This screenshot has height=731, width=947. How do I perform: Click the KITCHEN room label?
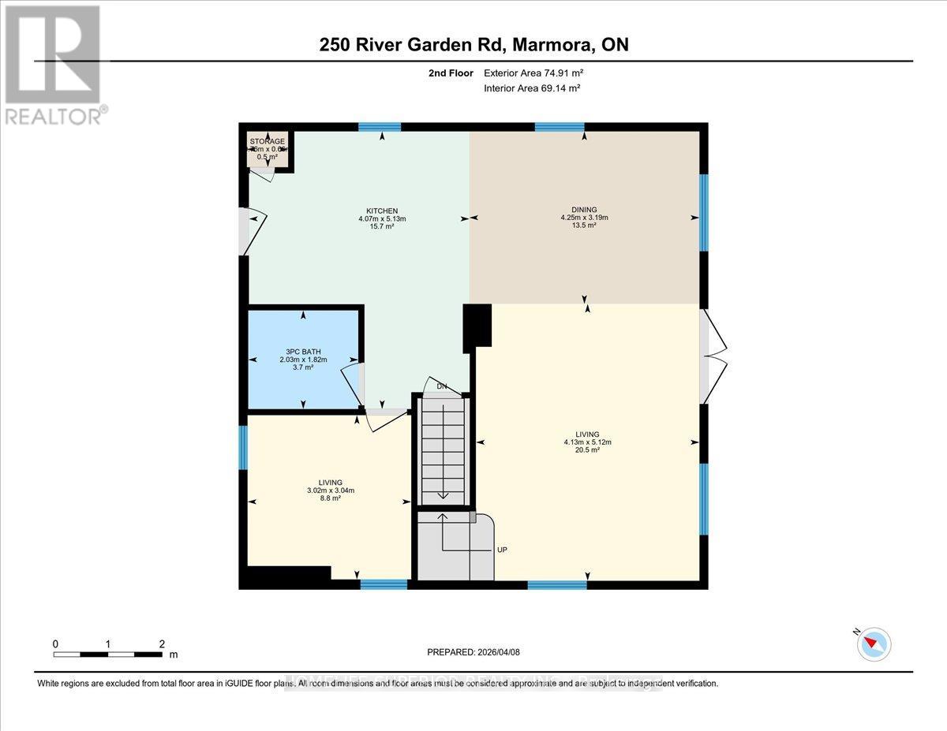pyautogui.click(x=382, y=211)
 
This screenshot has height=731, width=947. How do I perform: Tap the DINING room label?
pyautogui.click(x=584, y=209)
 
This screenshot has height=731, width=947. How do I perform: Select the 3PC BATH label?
pyautogui.click(x=303, y=352)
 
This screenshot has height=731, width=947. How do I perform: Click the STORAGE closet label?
pyautogui.click(x=268, y=141)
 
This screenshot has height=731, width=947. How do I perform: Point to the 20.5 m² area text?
pyautogui.click(x=587, y=450)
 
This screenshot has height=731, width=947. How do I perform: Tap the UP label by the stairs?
pyautogui.click(x=502, y=550)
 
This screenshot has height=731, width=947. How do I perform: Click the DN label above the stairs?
pyautogui.click(x=443, y=386)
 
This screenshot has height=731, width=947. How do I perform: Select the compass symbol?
pyautogui.click(x=874, y=643)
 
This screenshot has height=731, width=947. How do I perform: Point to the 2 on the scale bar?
pyautogui.click(x=162, y=643)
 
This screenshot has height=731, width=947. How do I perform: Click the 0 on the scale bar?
pyautogui.click(x=55, y=643)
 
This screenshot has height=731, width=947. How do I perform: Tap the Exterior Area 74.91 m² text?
pyautogui.click(x=533, y=73)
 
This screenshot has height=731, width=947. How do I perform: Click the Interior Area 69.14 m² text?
pyautogui.click(x=532, y=88)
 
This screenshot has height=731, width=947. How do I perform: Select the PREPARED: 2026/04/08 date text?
pyautogui.click(x=473, y=652)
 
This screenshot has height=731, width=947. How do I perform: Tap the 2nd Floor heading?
pyautogui.click(x=450, y=73)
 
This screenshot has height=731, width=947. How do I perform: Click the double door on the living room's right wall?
pyautogui.click(x=713, y=355)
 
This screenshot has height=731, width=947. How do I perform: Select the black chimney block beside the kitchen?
pyautogui.click(x=477, y=326)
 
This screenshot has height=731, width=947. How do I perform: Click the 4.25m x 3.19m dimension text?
pyautogui.click(x=584, y=218)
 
